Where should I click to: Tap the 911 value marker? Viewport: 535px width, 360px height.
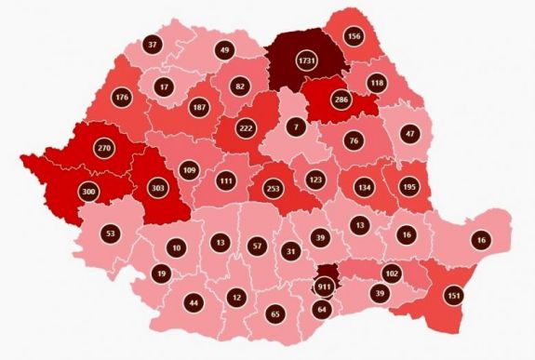(326, 287)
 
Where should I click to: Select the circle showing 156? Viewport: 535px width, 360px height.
(354, 36)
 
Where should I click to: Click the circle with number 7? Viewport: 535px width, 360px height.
(296, 126)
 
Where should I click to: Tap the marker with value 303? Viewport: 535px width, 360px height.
(158, 187)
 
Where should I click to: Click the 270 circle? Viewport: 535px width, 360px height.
(104, 147)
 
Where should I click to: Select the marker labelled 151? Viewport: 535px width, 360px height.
(454, 297)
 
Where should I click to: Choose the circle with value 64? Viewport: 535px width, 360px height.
(322, 309)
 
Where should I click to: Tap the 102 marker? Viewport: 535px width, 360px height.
(392, 273)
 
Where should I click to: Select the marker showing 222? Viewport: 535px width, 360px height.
(247, 127)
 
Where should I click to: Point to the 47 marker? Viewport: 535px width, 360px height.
(409, 134)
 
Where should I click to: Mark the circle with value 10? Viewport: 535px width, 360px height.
(177, 248)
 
